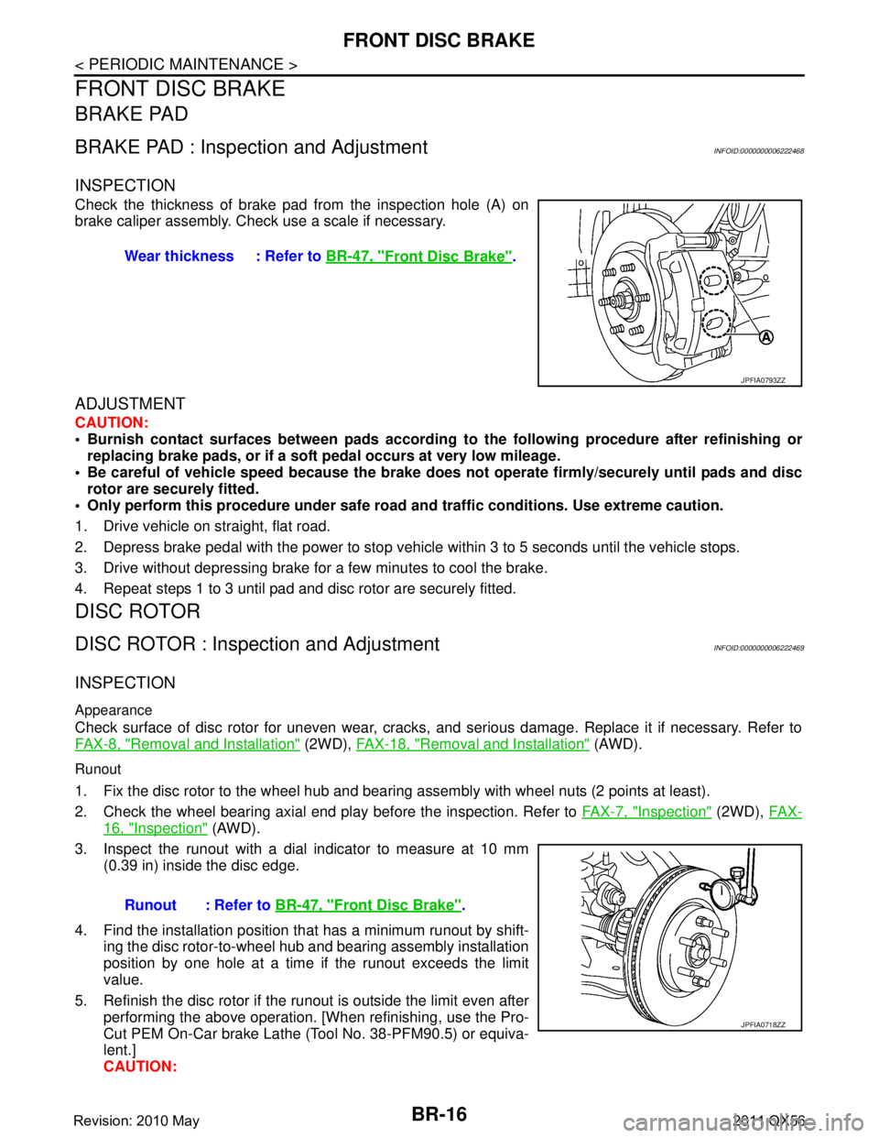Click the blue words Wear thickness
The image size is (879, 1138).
[x=179, y=257]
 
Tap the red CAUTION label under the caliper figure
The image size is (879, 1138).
[x=111, y=423]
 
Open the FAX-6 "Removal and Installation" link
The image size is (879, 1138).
[x=188, y=745]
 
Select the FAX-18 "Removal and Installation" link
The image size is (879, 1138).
[x=472, y=745]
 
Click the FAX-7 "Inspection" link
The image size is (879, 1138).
[x=646, y=811]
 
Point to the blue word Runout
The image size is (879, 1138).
[x=150, y=904]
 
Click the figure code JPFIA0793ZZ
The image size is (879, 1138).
[x=763, y=378]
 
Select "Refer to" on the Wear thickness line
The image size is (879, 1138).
[x=292, y=257]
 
